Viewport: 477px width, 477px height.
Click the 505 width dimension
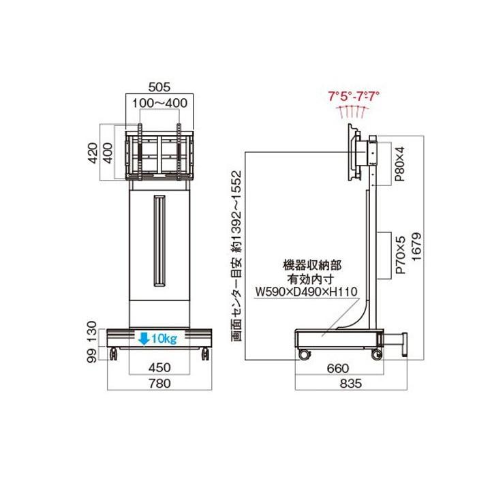(159, 88)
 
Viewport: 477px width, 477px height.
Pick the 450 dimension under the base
(159, 367)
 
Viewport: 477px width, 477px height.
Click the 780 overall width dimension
(159, 384)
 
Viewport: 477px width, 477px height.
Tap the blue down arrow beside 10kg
(144, 338)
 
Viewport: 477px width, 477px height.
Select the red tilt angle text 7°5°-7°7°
(354, 96)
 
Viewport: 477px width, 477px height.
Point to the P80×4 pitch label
(401, 161)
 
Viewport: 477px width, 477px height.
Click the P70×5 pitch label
(401, 254)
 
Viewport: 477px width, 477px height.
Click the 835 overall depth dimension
(352, 384)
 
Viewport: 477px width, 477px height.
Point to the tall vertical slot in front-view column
(159, 241)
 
